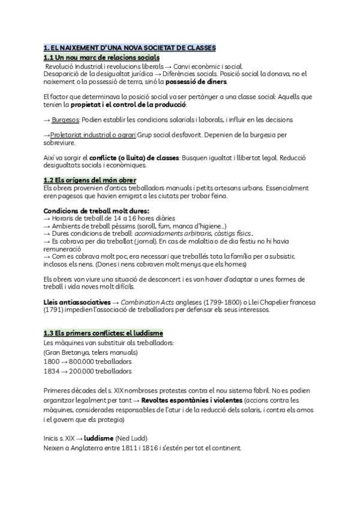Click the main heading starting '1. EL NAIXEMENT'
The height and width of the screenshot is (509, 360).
coord(130,47)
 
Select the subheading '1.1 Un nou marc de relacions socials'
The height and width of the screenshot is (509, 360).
coord(101,56)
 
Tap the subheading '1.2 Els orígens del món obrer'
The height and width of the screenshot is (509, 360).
coord(90,180)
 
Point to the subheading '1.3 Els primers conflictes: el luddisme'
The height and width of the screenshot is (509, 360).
coord(103,333)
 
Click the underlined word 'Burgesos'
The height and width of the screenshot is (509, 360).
coord(65,119)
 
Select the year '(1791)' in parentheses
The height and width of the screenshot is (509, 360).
coord(55,310)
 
